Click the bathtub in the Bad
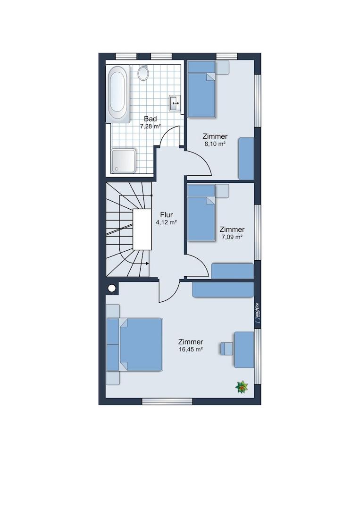coord(117,93)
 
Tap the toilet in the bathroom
coord(143,73)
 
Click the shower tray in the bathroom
coord(124,161)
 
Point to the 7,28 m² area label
coord(151,127)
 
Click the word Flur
coord(167,215)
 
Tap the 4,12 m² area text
coord(167,222)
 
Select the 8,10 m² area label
coord(215,144)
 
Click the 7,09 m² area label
coord(232,237)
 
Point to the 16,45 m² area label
coord(191,349)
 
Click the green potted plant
coord(242,387)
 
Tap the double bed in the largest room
coord(141,344)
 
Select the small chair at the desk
coord(227,348)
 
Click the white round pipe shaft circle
coord(112,288)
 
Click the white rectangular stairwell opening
coord(142,229)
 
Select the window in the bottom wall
coord(167,401)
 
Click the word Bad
coord(151,119)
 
